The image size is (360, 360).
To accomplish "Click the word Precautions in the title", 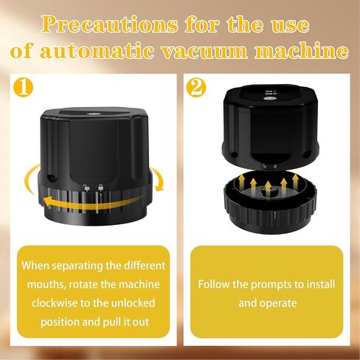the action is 109,25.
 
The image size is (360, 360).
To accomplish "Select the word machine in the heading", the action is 302,51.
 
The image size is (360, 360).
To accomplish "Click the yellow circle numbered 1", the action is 23,87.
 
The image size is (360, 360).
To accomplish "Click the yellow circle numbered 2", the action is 196,87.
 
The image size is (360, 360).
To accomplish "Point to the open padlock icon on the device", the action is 86,187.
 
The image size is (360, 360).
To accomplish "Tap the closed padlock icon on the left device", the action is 100,187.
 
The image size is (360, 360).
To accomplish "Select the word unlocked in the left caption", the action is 133,303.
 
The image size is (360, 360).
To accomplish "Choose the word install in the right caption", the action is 322,284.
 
